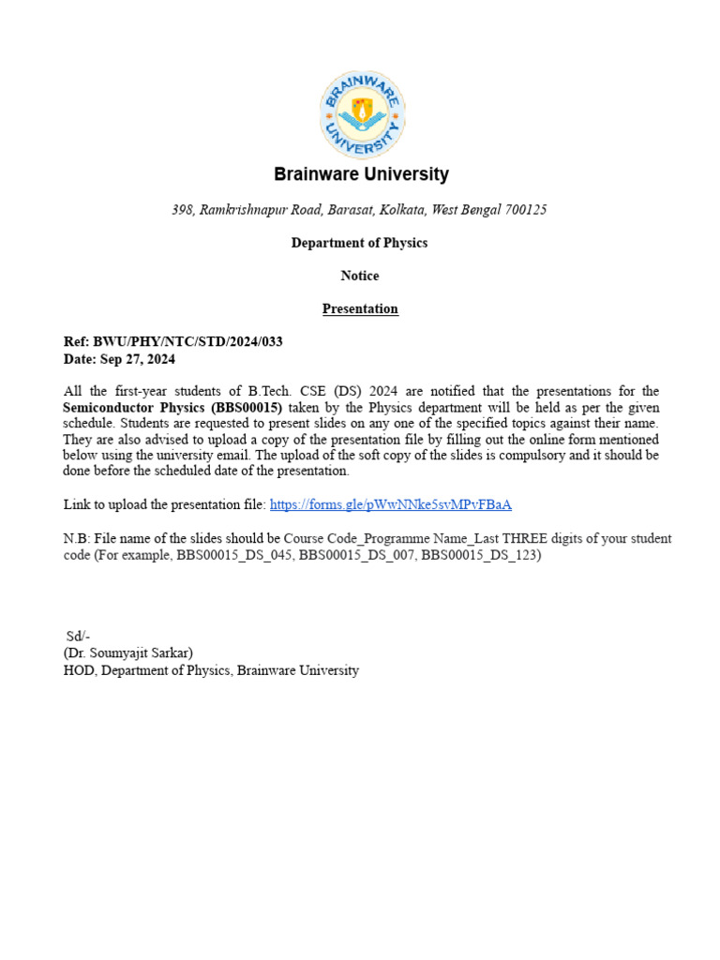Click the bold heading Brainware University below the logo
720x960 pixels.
pos(361,174)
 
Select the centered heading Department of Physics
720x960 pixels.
pos(359,243)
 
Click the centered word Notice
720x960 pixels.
pos(360,276)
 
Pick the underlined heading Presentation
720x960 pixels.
pos(360,308)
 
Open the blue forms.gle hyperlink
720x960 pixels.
pos(390,504)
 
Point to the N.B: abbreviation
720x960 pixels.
pos(78,539)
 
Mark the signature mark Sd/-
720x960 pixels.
pos(78,637)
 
